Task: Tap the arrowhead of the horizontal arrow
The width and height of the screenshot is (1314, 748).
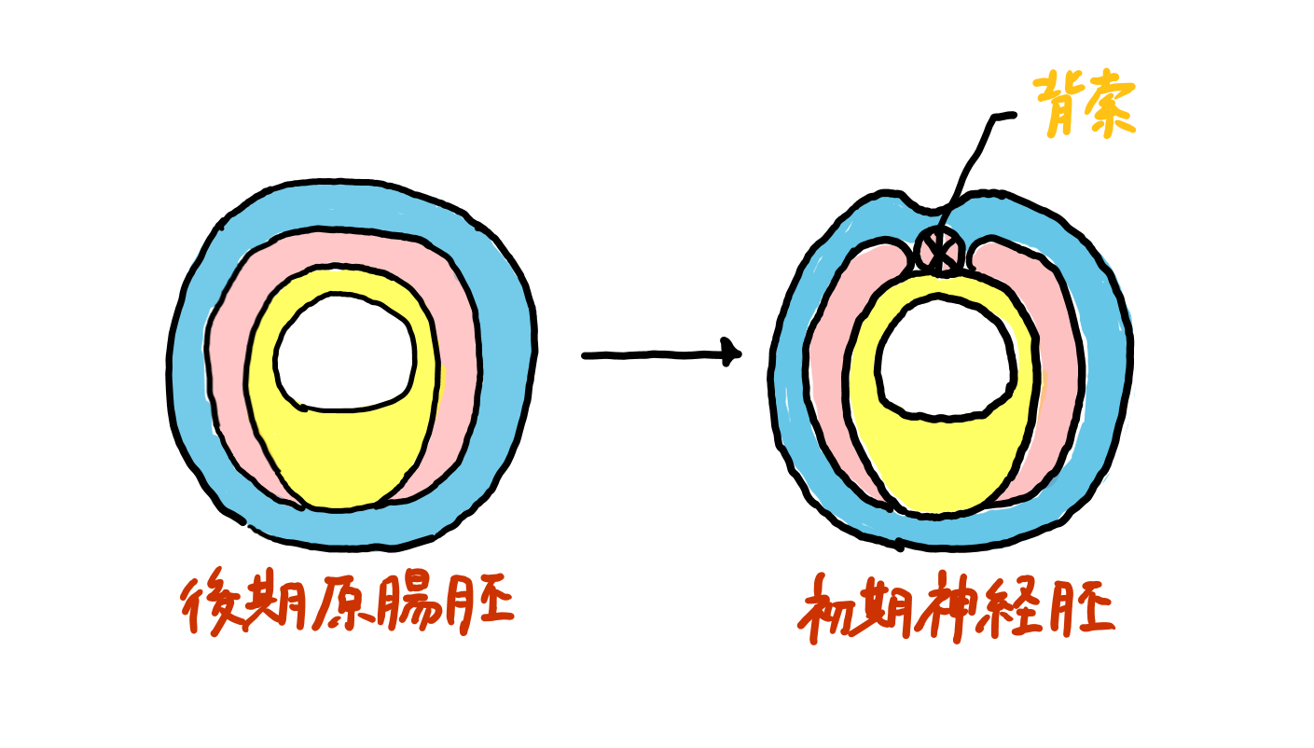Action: point(732,354)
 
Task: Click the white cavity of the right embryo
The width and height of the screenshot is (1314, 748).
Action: point(944,354)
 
